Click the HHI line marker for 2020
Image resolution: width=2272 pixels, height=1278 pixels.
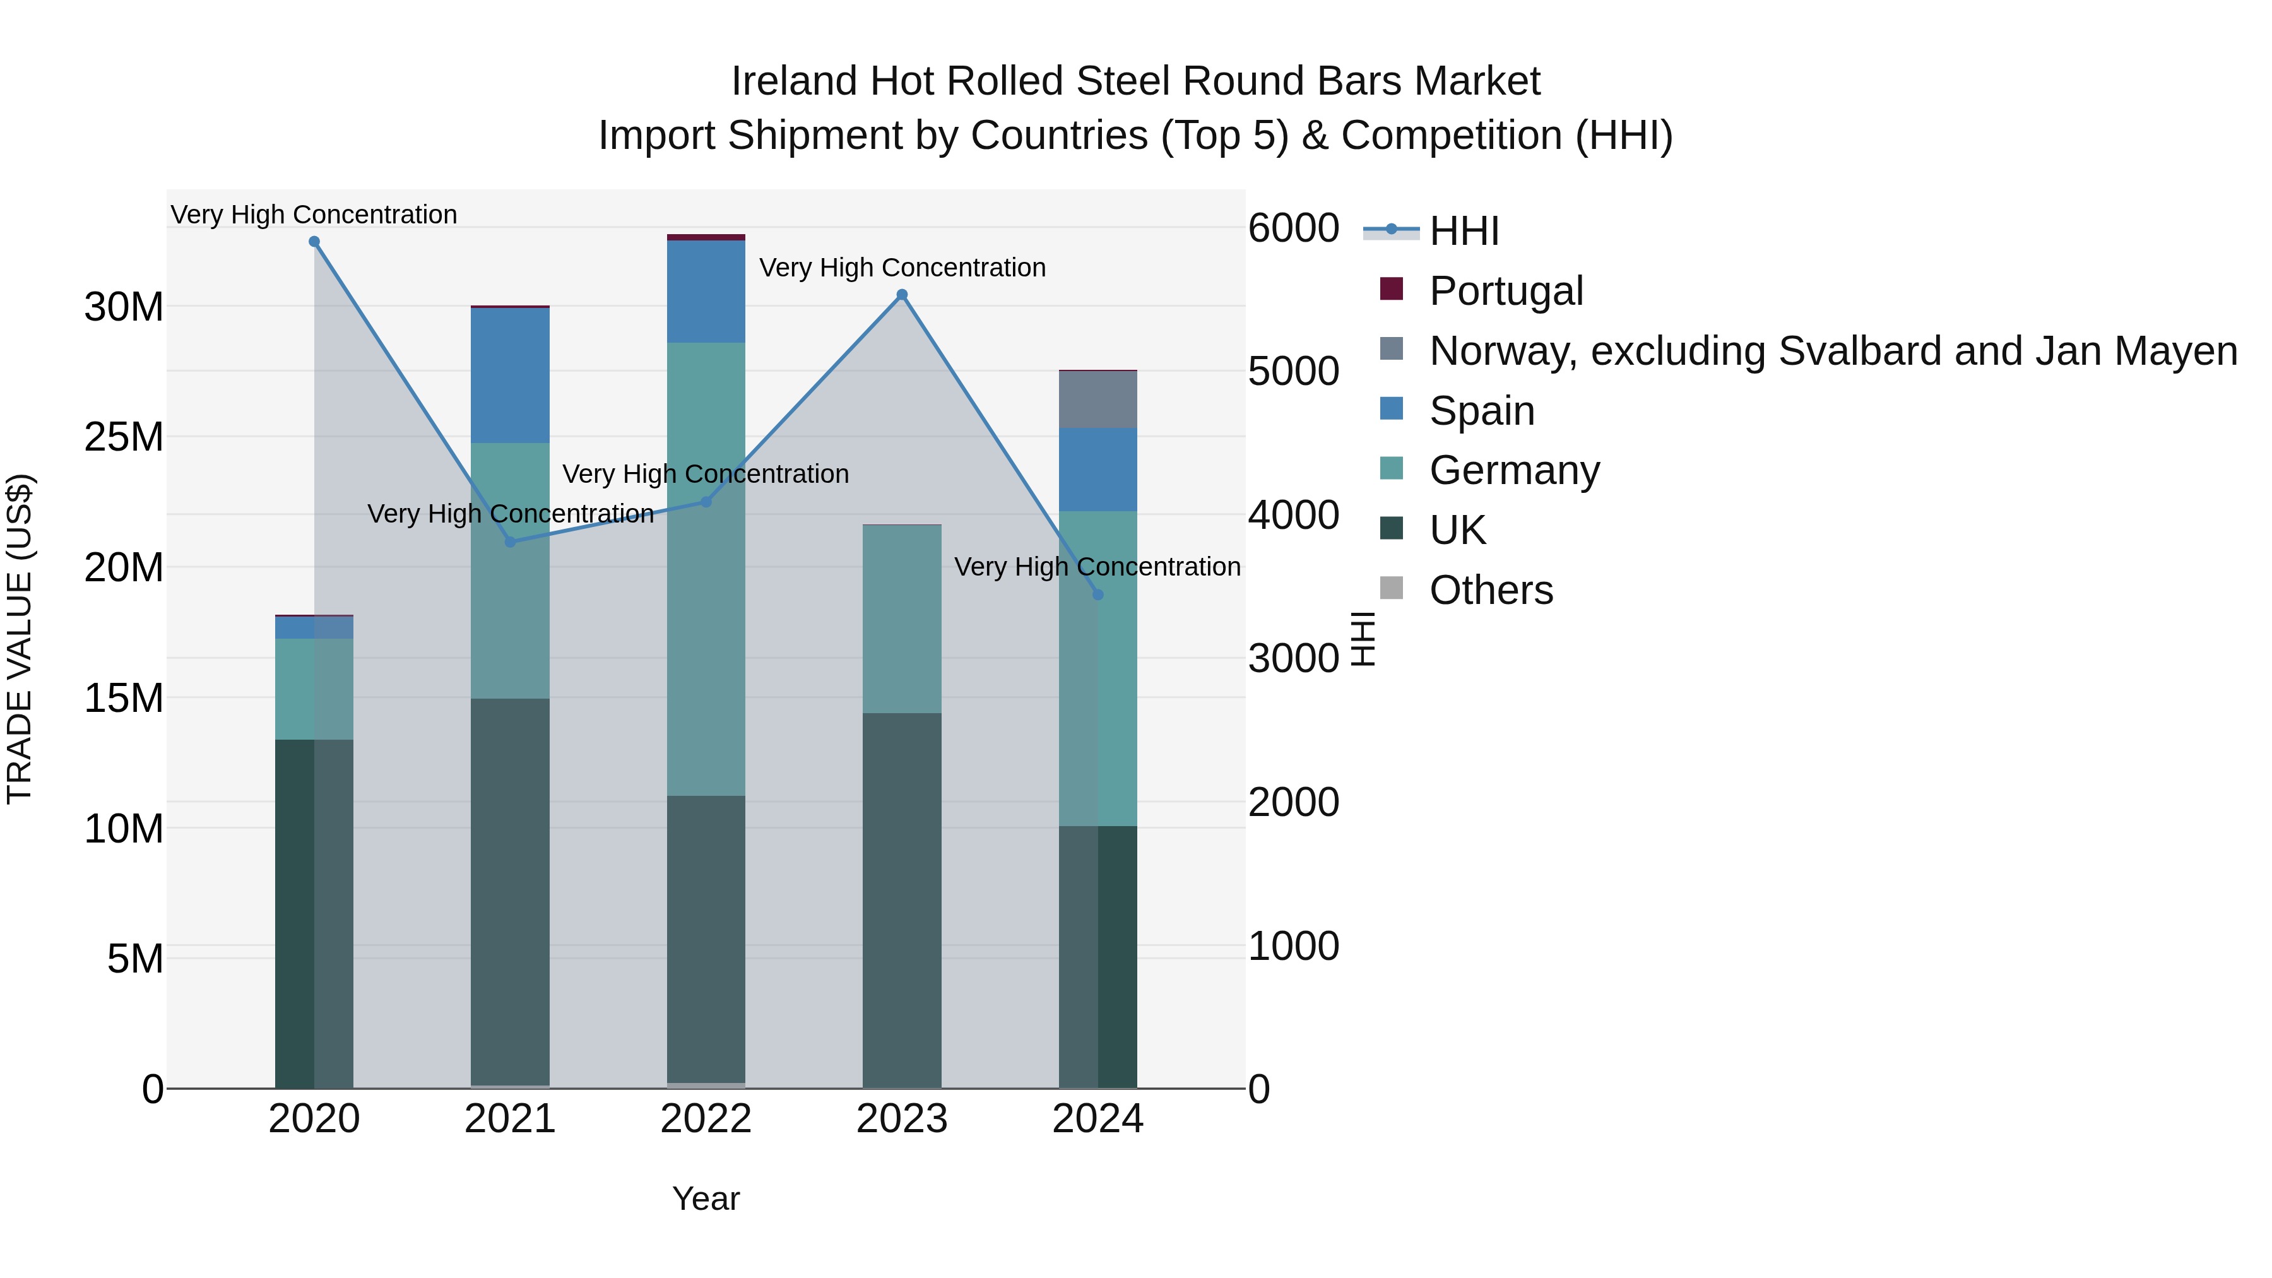pyautogui.click(x=314, y=242)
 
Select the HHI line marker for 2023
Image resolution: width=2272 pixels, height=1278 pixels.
pyautogui.click(x=901, y=295)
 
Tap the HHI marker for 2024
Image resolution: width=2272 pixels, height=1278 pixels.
pyautogui.click(x=1098, y=595)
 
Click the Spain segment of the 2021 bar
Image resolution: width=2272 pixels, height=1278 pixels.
pyautogui.click(x=510, y=375)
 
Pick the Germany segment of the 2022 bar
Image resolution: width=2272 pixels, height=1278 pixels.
pyautogui.click(x=706, y=569)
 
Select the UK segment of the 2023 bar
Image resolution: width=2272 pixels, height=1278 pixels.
pyautogui.click(x=901, y=899)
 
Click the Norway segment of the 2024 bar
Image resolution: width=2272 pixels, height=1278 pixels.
pyautogui.click(x=1098, y=399)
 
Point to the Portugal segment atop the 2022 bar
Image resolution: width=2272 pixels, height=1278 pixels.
pyautogui.click(x=706, y=237)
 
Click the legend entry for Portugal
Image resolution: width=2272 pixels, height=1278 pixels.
pyautogui.click(x=1506, y=291)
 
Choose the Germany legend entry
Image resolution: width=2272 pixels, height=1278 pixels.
pyautogui.click(x=1513, y=470)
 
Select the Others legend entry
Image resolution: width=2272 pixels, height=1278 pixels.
pyautogui.click(x=1491, y=590)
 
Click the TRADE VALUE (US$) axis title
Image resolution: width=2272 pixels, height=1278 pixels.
pyautogui.click(x=20, y=639)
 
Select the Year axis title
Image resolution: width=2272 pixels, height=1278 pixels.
pyautogui.click(x=706, y=1198)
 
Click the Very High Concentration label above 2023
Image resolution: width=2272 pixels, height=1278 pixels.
pyautogui.click(x=901, y=267)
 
